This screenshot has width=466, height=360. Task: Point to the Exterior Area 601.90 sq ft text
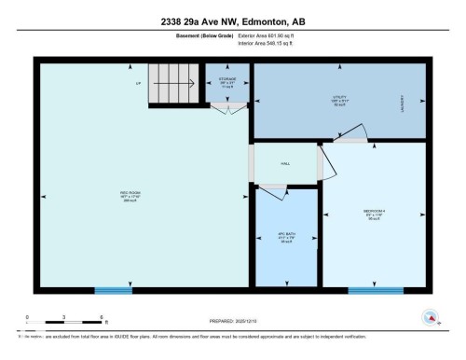(266, 36)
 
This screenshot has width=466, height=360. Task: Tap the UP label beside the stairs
(138, 85)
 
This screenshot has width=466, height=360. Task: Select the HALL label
(285, 163)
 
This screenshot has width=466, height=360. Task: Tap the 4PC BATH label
(285, 237)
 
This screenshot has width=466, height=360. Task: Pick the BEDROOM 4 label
(375, 213)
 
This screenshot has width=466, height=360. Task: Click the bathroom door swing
(272, 192)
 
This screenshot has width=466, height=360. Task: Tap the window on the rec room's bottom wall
(115, 291)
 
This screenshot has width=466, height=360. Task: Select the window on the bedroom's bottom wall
(375, 291)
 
